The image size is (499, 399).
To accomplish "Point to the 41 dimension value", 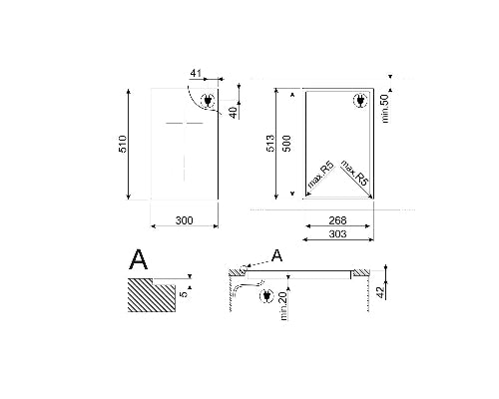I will [x=195, y=74].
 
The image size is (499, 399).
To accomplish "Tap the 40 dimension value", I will [x=233, y=111].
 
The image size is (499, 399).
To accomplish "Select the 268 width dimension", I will [x=337, y=221].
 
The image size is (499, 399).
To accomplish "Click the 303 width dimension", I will [x=337, y=234].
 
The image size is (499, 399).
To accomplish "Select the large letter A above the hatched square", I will [x=139, y=260].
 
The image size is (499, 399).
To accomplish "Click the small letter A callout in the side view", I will [x=277, y=256].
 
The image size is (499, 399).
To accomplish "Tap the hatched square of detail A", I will [x=150, y=295].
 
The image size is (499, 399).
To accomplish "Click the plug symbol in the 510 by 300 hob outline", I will [x=208, y=101].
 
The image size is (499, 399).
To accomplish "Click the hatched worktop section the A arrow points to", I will [x=239, y=271].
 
